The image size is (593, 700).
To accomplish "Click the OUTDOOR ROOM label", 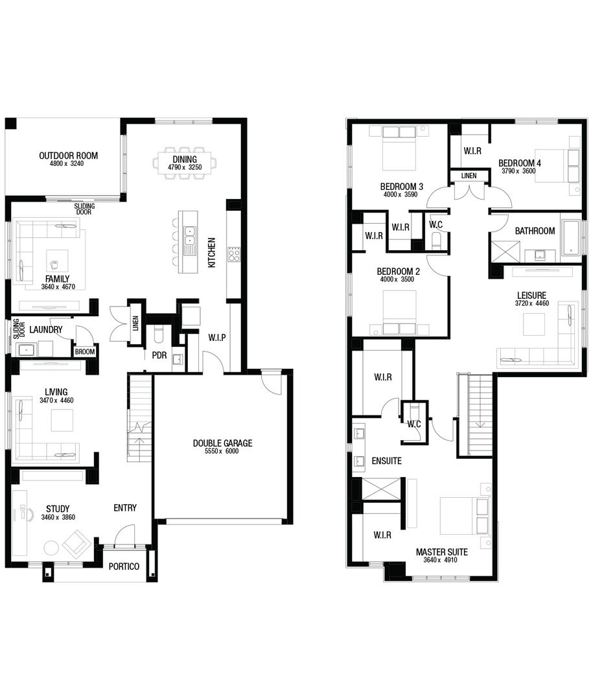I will [x=68, y=156].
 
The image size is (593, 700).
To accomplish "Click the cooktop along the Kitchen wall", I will [x=234, y=254].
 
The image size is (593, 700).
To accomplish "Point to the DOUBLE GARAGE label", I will [x=222, y=443].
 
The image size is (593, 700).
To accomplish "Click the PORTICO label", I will [x=124, y=566].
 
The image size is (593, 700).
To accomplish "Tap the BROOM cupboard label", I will [x=84, y=352].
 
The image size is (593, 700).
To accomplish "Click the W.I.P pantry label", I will [x=216, y=338].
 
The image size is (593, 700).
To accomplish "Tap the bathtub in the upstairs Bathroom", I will [x=571, y=237].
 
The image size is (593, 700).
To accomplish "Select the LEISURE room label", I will [x=531, y=295].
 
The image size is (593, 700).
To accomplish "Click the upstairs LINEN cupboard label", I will [x=468, y=176].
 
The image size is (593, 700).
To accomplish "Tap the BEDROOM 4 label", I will [x=520, y=163].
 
